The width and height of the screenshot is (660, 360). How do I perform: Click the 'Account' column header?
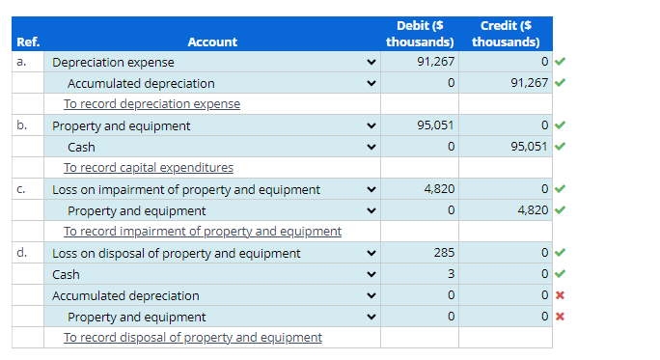click(211, 42)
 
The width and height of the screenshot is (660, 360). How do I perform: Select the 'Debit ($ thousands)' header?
click(420, 34)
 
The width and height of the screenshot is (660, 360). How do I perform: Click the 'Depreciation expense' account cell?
click(113, 62)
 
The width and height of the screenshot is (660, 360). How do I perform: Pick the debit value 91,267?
click(437, 62)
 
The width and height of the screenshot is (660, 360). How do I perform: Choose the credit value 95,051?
click(530, 147)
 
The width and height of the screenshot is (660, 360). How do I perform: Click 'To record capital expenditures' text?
click(149, 168)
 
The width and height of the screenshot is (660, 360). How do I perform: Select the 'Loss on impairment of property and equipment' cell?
click(186, 189)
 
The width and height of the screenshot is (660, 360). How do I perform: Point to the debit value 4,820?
click(440, 189)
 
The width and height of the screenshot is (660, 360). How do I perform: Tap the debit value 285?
click(444, 253)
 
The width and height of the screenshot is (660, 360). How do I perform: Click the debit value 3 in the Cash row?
click(450, 274)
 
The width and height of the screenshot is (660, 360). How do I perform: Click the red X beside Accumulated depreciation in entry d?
click(560, 295)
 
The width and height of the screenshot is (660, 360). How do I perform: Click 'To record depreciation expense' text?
click(151, 104)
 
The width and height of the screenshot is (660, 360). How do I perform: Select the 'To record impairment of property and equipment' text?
click(203, 232)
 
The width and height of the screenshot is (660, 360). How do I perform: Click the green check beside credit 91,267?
click(560, 83)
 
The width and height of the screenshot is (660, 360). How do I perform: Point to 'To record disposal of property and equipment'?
click(193, 338)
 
